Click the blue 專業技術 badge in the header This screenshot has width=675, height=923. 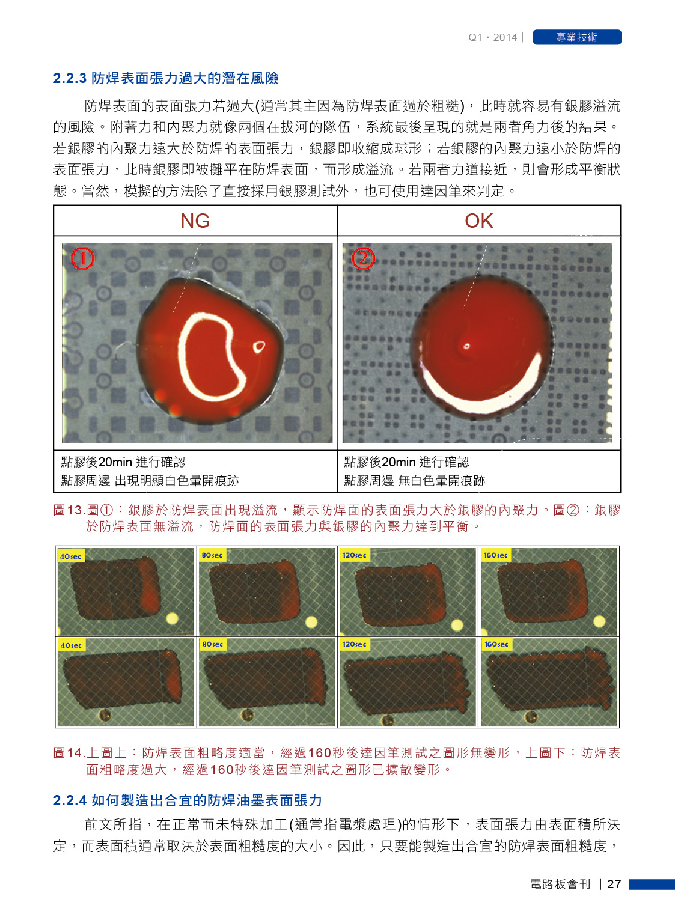[x=576, y=37]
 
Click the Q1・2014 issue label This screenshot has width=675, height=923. [x=492, y=37]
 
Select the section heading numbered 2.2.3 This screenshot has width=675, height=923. [x=166, y=78]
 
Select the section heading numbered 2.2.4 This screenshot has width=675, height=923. [x=188, y=800]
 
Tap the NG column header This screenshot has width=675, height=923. [x=195, y=221]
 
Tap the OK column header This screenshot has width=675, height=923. [x=479, y=221]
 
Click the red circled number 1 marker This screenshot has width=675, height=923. [x=82, y=258]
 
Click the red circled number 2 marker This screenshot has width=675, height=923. [x=362, y=258]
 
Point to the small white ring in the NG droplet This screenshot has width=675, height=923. [x=259, y=347]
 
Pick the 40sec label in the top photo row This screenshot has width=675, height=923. [x=70, y=556]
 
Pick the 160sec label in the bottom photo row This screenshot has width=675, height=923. [x=496, y=644]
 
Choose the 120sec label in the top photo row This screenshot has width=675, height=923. [x=355, y=555]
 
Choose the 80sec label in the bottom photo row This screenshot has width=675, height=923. [x=213, y=644]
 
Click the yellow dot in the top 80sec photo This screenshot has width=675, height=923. [x=311, y=621]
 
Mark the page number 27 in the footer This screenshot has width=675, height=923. [x=614, y=884]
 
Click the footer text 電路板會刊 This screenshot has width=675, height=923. [x=560, y=884]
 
